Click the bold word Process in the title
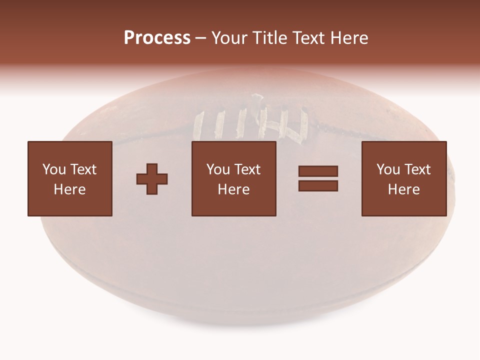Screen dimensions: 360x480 [x=157, y=38]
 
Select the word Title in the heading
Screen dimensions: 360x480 [x=271, y=38]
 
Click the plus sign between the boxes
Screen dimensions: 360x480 [x=152, y=179]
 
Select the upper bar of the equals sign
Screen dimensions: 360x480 [x=318, y=171]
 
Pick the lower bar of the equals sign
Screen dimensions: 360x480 [x=318, y=185]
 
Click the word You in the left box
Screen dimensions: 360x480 [x=54, y=169]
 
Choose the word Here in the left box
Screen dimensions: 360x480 [x=69, y=189]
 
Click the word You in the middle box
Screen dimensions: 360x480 [x=218, y=169]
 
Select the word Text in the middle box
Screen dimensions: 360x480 [x=247, y=169]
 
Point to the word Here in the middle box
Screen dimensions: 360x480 [x=233, y=189]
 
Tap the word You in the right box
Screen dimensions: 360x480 [x=388, y=169]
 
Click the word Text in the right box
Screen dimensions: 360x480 [x=417, y=169]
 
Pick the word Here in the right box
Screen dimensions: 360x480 [x=403, y=189]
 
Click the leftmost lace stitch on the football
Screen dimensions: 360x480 [x=198, y=125]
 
